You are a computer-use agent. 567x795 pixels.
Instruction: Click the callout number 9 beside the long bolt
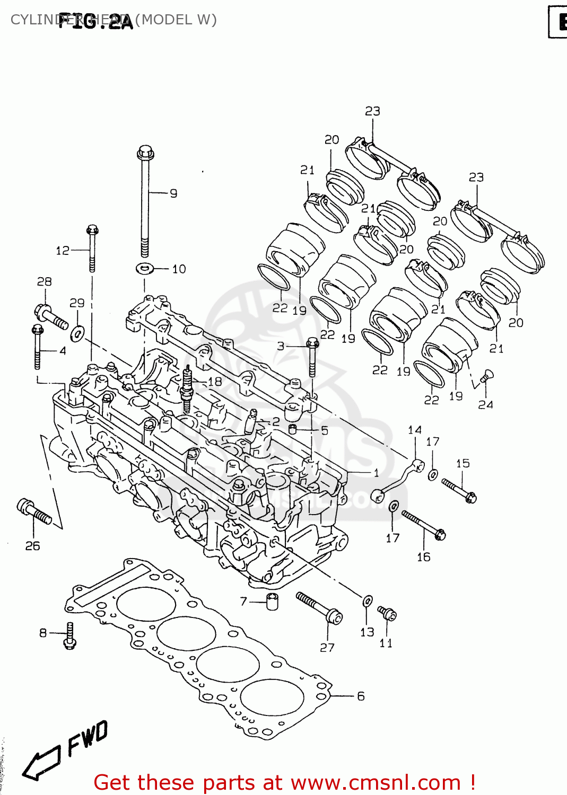click(173, 193)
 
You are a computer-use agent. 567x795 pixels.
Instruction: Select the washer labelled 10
click(144, 268)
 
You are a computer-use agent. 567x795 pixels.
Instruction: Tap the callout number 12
click(63, 250)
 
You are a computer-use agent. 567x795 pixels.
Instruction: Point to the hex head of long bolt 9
click(145, 153)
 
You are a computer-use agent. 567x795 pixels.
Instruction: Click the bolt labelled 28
click(51, 316)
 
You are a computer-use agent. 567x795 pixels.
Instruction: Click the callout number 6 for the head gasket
click(361, 696)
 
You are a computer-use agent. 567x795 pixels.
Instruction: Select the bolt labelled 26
click(34, 511)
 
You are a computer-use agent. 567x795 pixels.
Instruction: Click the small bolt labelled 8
click(69, 635)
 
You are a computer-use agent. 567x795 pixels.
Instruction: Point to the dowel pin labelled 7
click(272, 602)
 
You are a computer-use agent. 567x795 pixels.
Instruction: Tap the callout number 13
click(367, 632)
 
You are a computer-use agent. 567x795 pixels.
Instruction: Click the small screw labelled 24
click(484, 378)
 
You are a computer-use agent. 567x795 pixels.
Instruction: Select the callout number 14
click(415, 430)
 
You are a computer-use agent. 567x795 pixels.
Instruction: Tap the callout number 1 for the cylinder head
click(376, 472)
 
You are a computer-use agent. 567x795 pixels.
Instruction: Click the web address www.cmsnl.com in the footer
click(376, 783)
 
